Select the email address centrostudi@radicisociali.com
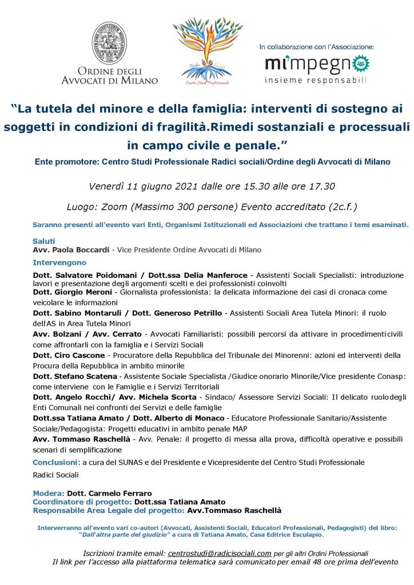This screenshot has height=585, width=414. click(219, 553)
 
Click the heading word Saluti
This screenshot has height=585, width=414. click(44, 241)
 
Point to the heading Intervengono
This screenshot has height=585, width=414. click(59, 262)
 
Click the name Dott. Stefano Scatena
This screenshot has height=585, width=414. click(75, 376)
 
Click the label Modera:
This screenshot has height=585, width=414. click(49, 493)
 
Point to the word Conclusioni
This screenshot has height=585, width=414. click(55, 461)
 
